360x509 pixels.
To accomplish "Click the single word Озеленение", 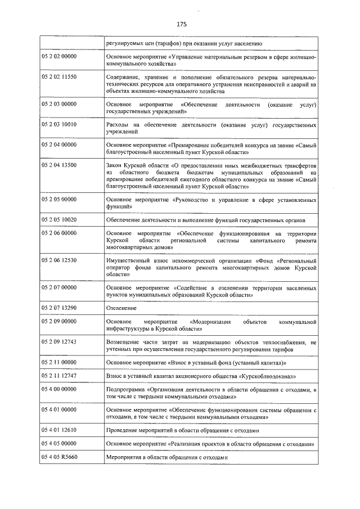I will point(121,308).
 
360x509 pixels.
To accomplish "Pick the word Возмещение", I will point(124,341).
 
